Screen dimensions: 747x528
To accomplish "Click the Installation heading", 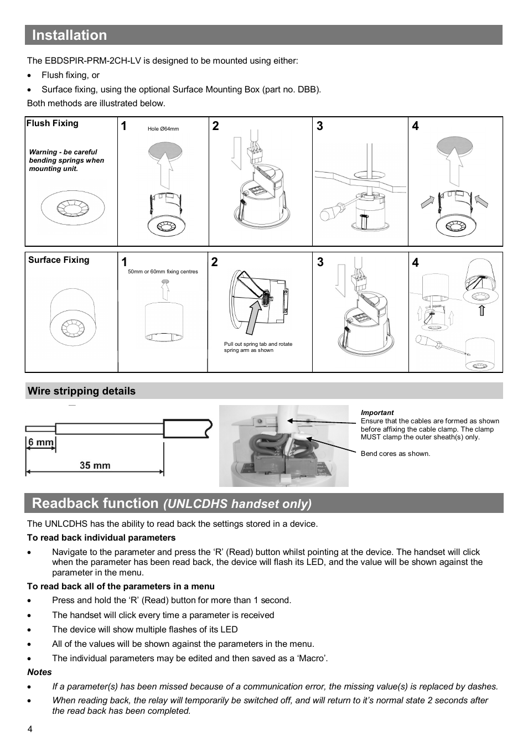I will pyautogui.click(x=69, y=35).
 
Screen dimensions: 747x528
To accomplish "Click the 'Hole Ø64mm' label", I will pyautogui.click(x=163, y=129).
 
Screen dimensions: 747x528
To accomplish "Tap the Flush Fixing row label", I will pyautogui.click(x=53, y=123).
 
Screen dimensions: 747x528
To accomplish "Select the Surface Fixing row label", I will pyautogui.click(x=59, y=260).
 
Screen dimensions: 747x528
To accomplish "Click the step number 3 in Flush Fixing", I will pyautogui.click(x=319, y=126).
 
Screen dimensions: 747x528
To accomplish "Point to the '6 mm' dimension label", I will pyautogui.click(x=41, y=442).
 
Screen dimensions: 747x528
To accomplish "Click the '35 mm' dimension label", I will pyautogui.click(x=95, y=465).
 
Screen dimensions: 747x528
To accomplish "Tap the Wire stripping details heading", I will pyautogui.click(x=81, y=391).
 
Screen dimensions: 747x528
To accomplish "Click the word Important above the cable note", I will pyautogui.click(x=377, y=413).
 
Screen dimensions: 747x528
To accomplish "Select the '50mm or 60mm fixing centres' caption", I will pyautogui.click(x=163, y=272).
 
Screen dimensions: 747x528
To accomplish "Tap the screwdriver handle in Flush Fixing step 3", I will pyautogui.click(x=330, y=213).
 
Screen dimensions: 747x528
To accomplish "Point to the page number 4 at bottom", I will pyautogui.click(x=30, y=729).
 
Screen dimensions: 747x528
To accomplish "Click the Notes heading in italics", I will pyautogui.click(x=39, y=672).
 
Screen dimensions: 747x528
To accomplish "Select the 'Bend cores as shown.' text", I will pyautogui.click(x=395, y=454).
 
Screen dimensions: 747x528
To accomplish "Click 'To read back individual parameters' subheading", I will pyautogui.click(x=101, y=538).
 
